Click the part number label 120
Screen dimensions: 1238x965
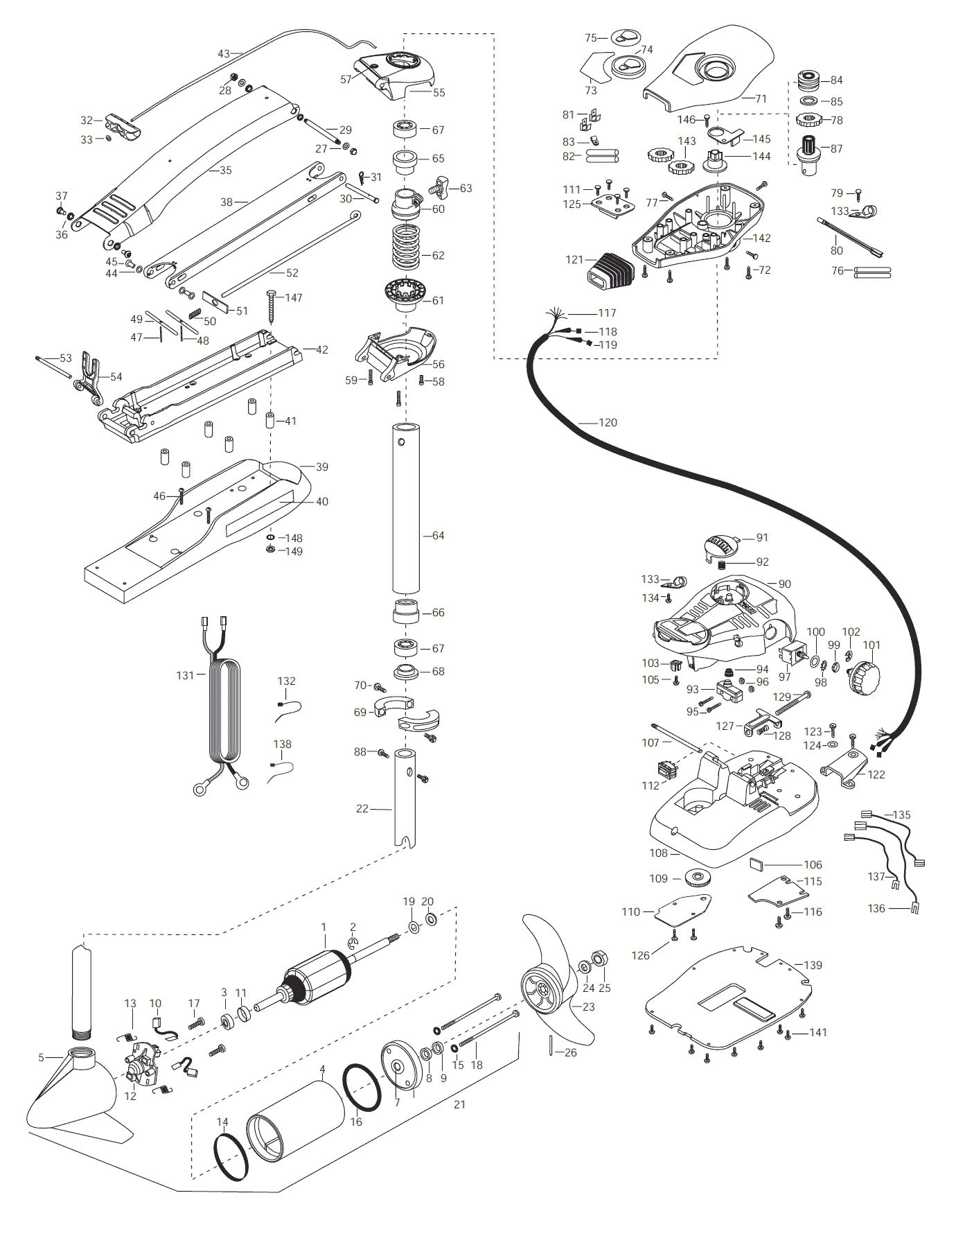coord(608,422)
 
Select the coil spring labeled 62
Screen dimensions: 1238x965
coord(407,247)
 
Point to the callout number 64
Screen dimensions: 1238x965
coord(438,535)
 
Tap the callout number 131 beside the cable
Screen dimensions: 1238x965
coord(185,674)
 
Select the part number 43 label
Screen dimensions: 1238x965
coord(224,53)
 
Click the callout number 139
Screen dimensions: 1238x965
coord(813,965)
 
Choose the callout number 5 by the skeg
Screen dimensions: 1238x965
coord(41,1057)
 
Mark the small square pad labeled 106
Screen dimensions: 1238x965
coord(757,864)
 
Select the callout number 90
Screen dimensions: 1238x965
coord(784,584)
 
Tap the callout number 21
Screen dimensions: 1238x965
coord(459,1104)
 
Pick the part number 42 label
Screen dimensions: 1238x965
coord(322,350)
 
